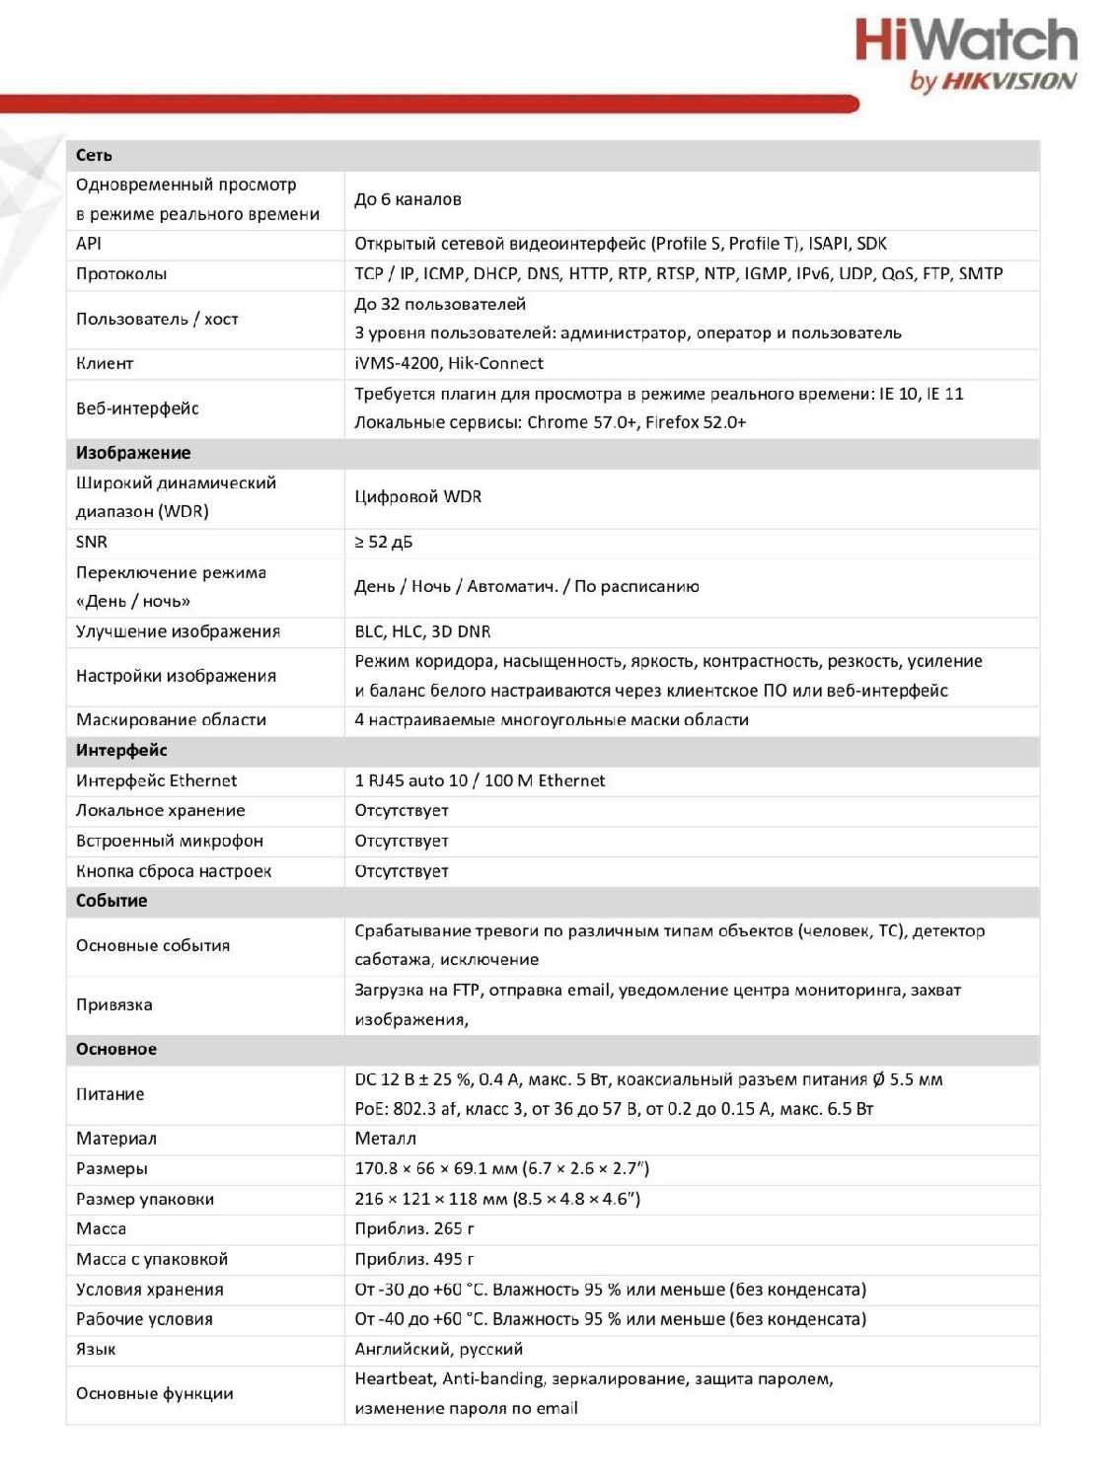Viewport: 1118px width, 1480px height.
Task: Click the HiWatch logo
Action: coord(965,54)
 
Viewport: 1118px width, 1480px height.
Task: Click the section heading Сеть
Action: coord(94,155)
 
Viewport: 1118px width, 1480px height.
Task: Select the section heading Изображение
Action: coord(133,453)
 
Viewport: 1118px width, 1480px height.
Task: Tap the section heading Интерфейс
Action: coord(121,750)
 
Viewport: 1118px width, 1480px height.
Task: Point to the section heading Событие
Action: coord(112,901)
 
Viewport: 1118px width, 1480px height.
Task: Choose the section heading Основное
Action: coord(116,1049)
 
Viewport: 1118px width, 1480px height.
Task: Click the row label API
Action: coord(89,244)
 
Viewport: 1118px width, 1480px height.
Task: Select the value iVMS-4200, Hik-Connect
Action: coord(449,363)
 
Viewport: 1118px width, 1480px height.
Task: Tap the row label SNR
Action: coord(92,542)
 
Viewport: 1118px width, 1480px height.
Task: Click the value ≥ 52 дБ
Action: coord(384,542)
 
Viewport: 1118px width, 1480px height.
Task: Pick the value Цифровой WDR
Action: coord(418,496)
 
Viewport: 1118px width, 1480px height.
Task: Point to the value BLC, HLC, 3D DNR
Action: coord(422,631)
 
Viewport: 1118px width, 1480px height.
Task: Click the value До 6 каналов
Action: coord(408,199)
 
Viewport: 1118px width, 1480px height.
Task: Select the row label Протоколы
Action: coord(121,274)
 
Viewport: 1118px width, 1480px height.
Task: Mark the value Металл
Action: coord(385,1139)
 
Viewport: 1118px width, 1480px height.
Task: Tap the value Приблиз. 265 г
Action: coord(414,1228)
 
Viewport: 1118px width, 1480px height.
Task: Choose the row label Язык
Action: coord(96,1349)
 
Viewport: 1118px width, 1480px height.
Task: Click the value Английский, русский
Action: coord(439,1349)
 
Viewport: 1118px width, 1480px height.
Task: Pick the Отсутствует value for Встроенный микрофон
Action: coord(402,841)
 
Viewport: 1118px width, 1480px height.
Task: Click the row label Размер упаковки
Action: coord(145,1199)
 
